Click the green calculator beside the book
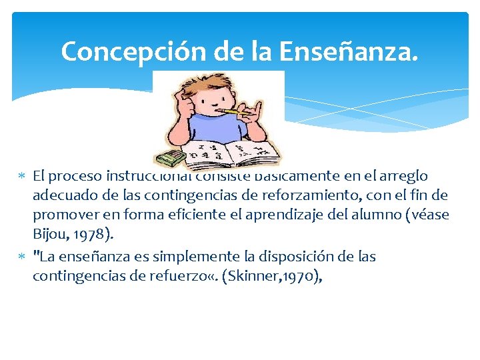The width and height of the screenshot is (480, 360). click(171, 157)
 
